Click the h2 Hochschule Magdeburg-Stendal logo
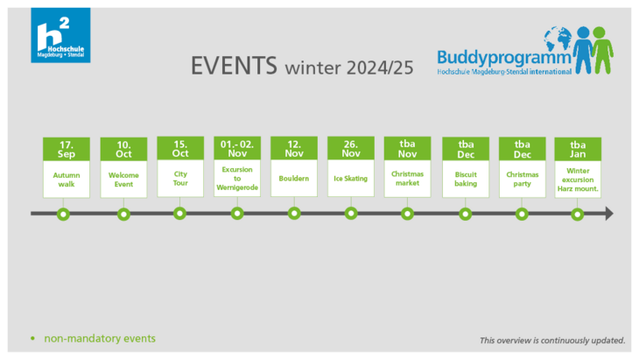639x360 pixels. (x=60, y=35)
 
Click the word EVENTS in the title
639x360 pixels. (x=234, y=66)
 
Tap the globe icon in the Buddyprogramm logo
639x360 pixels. (x=558, y=39)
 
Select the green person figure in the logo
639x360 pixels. (x=602, y=50)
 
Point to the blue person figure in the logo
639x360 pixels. (x=583, y=50)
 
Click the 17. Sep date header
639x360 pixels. (x=67, y=149)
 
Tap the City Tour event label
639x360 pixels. (x=180, y=179)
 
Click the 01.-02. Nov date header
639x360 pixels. (x=237, y=148)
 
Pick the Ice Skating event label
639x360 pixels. (x=350, y=179)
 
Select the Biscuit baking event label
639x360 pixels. (x=466, y=179)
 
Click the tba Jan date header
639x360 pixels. (x=578, y=149)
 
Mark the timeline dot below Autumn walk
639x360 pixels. (x=63, y=214)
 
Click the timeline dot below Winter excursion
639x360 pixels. (x=577, y=214)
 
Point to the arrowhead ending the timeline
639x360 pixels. (x=609, y=214)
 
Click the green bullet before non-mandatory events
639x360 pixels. (x=33, y=338)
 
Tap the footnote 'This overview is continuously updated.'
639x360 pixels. (x=552, y=341)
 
